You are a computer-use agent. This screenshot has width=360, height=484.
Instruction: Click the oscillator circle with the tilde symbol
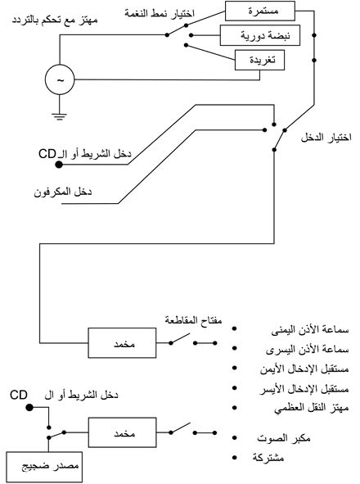tap(60, 79)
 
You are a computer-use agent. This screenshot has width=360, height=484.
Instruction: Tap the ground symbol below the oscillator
tap(59, 116)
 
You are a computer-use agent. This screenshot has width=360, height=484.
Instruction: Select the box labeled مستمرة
tap(259, 11)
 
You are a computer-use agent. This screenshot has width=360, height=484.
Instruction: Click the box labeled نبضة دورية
tap(259, 35)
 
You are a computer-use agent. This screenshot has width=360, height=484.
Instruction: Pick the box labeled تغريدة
tap(259, 60)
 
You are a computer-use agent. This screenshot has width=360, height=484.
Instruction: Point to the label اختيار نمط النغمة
tap(160, 13)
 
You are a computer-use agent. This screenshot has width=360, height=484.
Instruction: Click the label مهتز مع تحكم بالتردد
tap(55, 20)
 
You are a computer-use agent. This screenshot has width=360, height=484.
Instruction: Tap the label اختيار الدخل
tap(326, 138)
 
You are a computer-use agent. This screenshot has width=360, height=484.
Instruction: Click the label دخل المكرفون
tap(63, 192)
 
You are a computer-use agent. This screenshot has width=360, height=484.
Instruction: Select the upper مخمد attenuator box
tap(122, 342)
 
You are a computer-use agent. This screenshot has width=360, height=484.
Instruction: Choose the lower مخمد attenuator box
tap(122, 432)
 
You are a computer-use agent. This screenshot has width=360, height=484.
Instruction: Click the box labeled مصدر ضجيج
tap(44, 467)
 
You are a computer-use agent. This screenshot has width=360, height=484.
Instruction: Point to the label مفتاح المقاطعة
tap(193, 320)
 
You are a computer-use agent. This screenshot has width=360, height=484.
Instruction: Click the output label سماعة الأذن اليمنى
tap(310, 330)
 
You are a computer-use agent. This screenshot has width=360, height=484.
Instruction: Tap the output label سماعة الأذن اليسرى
tap(308, 350)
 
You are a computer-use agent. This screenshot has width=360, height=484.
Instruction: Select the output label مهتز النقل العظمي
tap(312, 409)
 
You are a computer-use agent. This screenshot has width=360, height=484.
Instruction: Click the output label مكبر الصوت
tap(283, 437)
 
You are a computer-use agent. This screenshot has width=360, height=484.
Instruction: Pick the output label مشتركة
tap(268, 458)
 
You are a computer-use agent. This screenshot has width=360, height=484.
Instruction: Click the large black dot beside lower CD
tap(29, 408)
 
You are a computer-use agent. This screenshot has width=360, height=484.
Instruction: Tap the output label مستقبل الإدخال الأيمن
tap(304, 369)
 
